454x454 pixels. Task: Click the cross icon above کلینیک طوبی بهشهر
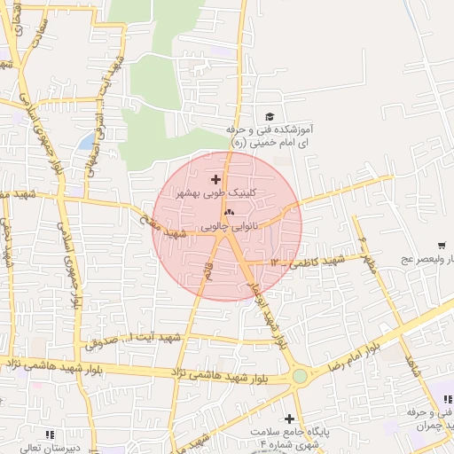pyautogui.click(x=215, y=179)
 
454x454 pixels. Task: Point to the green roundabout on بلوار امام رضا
pyautogui.click(x=301, y=376)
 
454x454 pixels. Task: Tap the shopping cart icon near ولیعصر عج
pyautogui.click(x=441, y=246)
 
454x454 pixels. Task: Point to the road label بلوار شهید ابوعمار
pyautogui.click(x=266, y=310)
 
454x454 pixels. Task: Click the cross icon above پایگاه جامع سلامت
pyautogui.click(x=288, y=418)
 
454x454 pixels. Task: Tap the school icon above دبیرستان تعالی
pyautogui.click(x=49, y=434)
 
